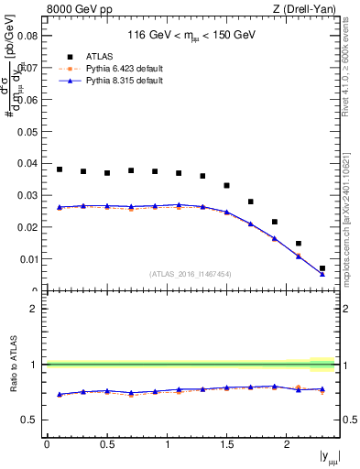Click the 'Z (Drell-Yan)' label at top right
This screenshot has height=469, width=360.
[306, 9]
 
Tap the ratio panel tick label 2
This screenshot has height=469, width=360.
[34, 309]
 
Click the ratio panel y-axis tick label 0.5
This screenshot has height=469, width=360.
[29, 420]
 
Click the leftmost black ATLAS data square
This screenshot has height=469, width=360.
[60, 169]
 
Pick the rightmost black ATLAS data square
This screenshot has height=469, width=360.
[322, 268]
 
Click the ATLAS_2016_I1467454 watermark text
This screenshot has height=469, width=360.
[191, 274]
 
